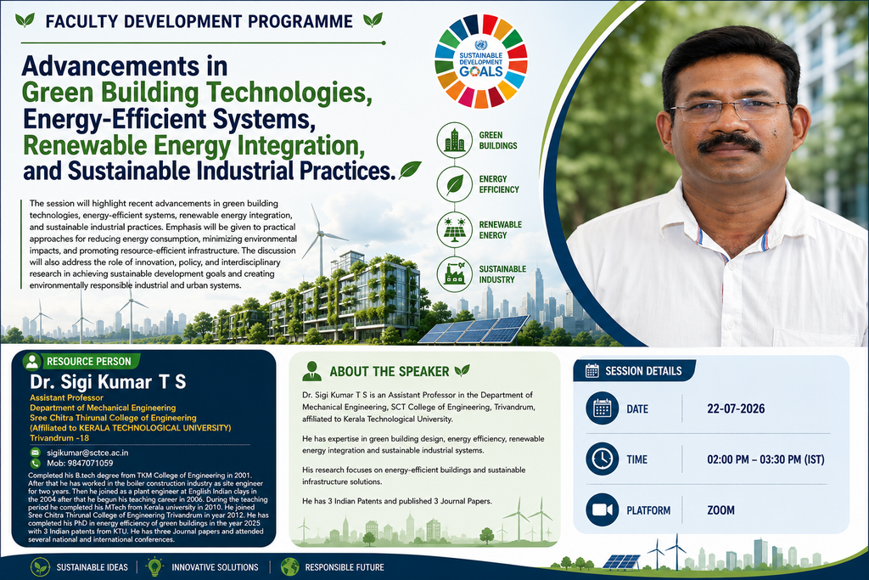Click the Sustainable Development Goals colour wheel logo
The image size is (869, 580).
pos(481,61)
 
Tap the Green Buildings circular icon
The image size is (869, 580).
pos(455,140)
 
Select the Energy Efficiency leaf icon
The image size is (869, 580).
pos(455,184)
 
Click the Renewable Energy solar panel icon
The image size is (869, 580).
pos(455,229)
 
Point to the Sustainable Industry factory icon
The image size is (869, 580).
pos(455,274)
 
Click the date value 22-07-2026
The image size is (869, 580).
pos(736,408)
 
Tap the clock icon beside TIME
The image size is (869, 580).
pos(602,459)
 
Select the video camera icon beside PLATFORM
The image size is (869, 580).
pos(602,510)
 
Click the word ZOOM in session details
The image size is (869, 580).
pos(720,510)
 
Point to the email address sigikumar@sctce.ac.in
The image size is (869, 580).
pos(87,453)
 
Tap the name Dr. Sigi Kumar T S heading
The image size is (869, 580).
pos(108,381)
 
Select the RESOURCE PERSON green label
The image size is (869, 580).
pos(81,362)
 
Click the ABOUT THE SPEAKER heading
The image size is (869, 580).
pos(389,371)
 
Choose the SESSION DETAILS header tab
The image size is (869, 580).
pos(634,370)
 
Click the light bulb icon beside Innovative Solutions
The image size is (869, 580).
pos(154,566)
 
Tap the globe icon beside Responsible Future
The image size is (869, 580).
pos(289,566)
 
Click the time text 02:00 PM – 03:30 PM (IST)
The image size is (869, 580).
pos(765,459)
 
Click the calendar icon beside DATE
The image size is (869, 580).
pos(602,408)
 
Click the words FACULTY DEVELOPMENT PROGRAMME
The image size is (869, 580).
pos(199,21)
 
